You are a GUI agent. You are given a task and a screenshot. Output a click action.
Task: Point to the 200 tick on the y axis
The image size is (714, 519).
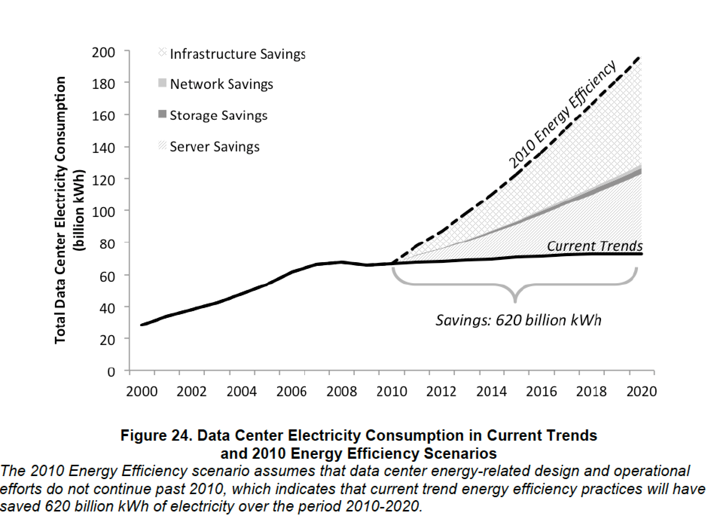104,52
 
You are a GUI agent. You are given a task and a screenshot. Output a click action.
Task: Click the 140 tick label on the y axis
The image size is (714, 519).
104,148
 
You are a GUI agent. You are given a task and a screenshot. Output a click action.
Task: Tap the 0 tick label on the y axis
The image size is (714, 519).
111,372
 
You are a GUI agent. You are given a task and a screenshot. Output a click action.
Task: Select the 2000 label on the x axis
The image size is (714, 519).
142,392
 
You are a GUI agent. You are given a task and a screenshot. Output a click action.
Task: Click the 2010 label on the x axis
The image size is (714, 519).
392,392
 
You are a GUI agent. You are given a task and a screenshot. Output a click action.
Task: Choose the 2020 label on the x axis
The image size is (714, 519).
641,392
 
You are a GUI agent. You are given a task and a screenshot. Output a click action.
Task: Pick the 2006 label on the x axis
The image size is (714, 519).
291,392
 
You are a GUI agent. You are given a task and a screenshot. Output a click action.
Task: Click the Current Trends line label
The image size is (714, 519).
594,246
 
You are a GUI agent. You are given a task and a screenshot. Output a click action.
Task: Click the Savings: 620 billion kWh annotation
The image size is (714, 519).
519,320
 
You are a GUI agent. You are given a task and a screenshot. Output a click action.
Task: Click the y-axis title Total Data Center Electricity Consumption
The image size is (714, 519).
60,210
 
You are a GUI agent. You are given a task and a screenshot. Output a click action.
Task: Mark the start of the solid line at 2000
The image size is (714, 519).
142,325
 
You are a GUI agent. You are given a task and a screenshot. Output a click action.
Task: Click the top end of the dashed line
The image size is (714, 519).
639,58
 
